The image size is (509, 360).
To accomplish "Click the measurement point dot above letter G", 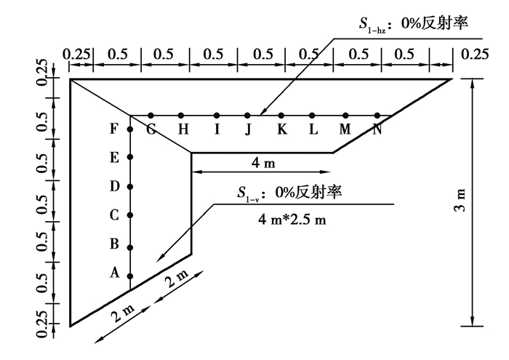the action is click(x=151, y=115).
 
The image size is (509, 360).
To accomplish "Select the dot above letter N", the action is click(x=377, y=115).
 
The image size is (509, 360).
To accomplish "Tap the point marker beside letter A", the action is click(x=130, y=276).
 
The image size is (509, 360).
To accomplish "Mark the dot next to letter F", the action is click(x=130, y=129).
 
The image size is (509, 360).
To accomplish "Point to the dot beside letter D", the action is click(x=130, y=187).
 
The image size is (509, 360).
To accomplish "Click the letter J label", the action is click(x=249, y=130).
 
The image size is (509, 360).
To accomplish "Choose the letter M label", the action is click(x=345, y=129).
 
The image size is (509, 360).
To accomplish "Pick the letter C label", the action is click(x=114, y=215).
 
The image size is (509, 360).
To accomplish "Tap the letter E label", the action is click(x=114, y=158).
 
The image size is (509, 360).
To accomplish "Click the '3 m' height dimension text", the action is click(x=460, y=200).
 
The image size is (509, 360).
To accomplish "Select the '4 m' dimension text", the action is click(x=263, y=163).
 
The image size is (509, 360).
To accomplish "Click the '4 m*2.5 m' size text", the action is click(x=292, y=220).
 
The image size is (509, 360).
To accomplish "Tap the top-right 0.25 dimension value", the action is click(x=475, y=55).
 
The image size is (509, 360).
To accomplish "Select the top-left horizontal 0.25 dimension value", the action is click(x=76, y=55).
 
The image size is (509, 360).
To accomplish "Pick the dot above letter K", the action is click(x=281, y=115).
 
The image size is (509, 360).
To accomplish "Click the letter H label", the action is click(x=183, y=129).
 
